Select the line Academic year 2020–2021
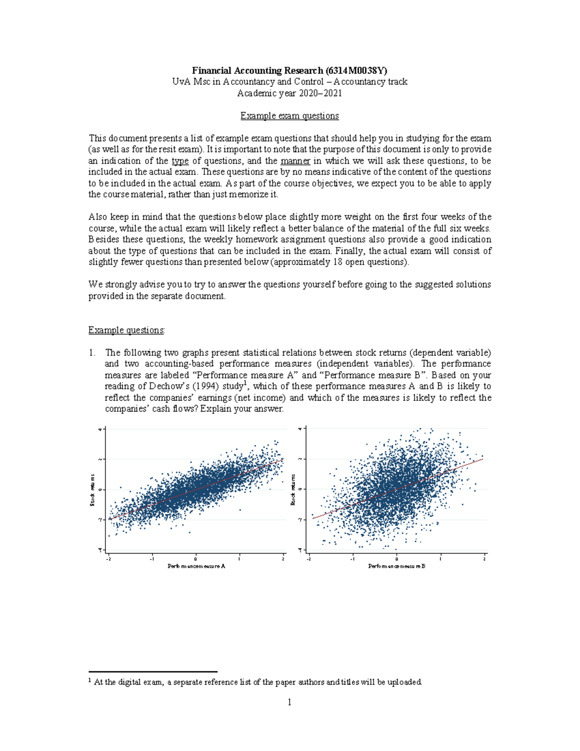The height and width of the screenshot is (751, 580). tap(290, 93)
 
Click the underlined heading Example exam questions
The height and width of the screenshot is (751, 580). tap(290, 116)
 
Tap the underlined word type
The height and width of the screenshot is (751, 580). tap(180, 161)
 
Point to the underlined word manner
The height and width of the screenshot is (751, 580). tap(295, 161)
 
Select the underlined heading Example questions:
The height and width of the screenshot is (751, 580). tap(127, 330)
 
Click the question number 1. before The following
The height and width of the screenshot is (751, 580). tap(92, 353)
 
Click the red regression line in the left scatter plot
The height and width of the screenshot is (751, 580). tap(196, 489)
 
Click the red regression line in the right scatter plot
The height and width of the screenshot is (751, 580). tap(396, 489)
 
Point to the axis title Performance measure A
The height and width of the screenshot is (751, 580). tap(196, 566)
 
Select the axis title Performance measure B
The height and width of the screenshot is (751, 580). tap(396, 566)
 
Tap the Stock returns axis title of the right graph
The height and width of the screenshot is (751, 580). tap(293, 489)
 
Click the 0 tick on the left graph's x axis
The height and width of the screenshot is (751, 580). tap(196, 559)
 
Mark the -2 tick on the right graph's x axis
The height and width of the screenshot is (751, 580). tap(309, 559)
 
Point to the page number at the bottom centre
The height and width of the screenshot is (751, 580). tap(290, 702)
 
